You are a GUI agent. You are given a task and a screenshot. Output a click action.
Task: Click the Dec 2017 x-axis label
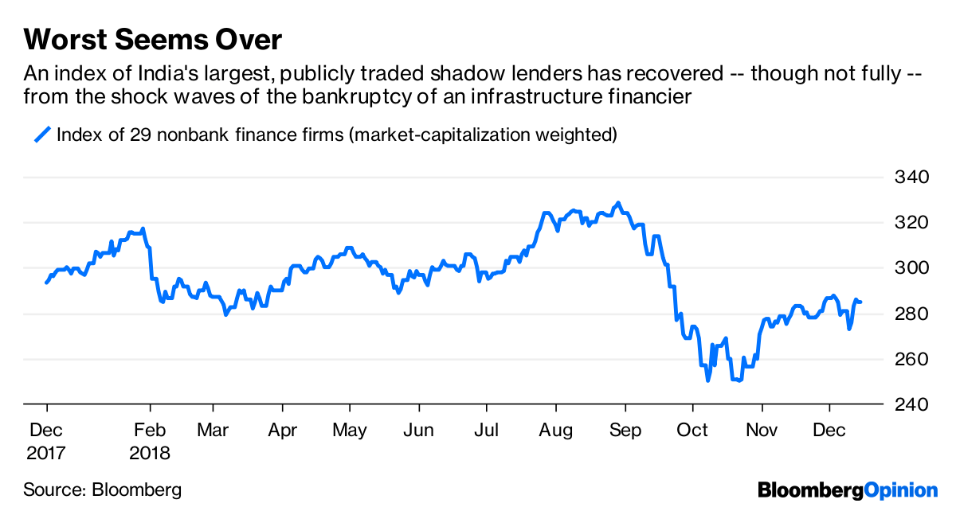[46, 441]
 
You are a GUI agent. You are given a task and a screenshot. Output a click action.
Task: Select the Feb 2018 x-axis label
[150, 441]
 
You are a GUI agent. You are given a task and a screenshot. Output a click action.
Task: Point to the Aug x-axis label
[555, 431]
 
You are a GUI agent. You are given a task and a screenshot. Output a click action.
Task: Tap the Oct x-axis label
[693, 431]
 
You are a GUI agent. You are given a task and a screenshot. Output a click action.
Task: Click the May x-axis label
[349, 431]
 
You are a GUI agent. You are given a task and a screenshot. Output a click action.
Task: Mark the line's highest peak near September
[618, 204]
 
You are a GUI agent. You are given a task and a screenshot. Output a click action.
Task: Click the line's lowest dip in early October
[707, 380]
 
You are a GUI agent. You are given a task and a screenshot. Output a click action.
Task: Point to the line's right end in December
[860, 302]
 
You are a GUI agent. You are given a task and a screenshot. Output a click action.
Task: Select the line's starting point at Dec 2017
[46, 283]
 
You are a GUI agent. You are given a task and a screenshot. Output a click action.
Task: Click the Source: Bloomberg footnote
[102, 490]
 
